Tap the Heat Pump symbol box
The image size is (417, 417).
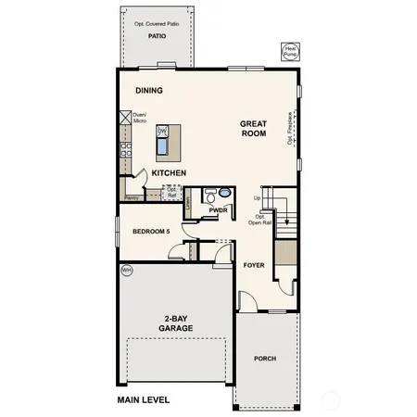pyautogui.click(x=290, y=50)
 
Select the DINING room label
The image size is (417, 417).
pyautogui.click(x=148, y=91)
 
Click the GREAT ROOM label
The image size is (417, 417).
pyautogui.click(x=253, y=129)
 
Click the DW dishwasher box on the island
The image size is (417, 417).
pyautogui.click(x=161, y=131)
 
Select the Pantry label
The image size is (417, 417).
pyautogui.click(x=132, y=197)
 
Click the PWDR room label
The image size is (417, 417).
pyautogui.click(x=219, y=210)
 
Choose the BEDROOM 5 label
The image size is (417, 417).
pyautogui.click(x=151, y=231)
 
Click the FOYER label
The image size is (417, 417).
pyautogui.click(x=254, y=265)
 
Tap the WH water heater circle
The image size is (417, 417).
pyautogui.click(x=127, y=271)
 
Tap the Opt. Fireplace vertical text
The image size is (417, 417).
pyautogui.click(x=290, y=130)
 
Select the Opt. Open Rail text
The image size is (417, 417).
pyautogui.click(x=261, y=220)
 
